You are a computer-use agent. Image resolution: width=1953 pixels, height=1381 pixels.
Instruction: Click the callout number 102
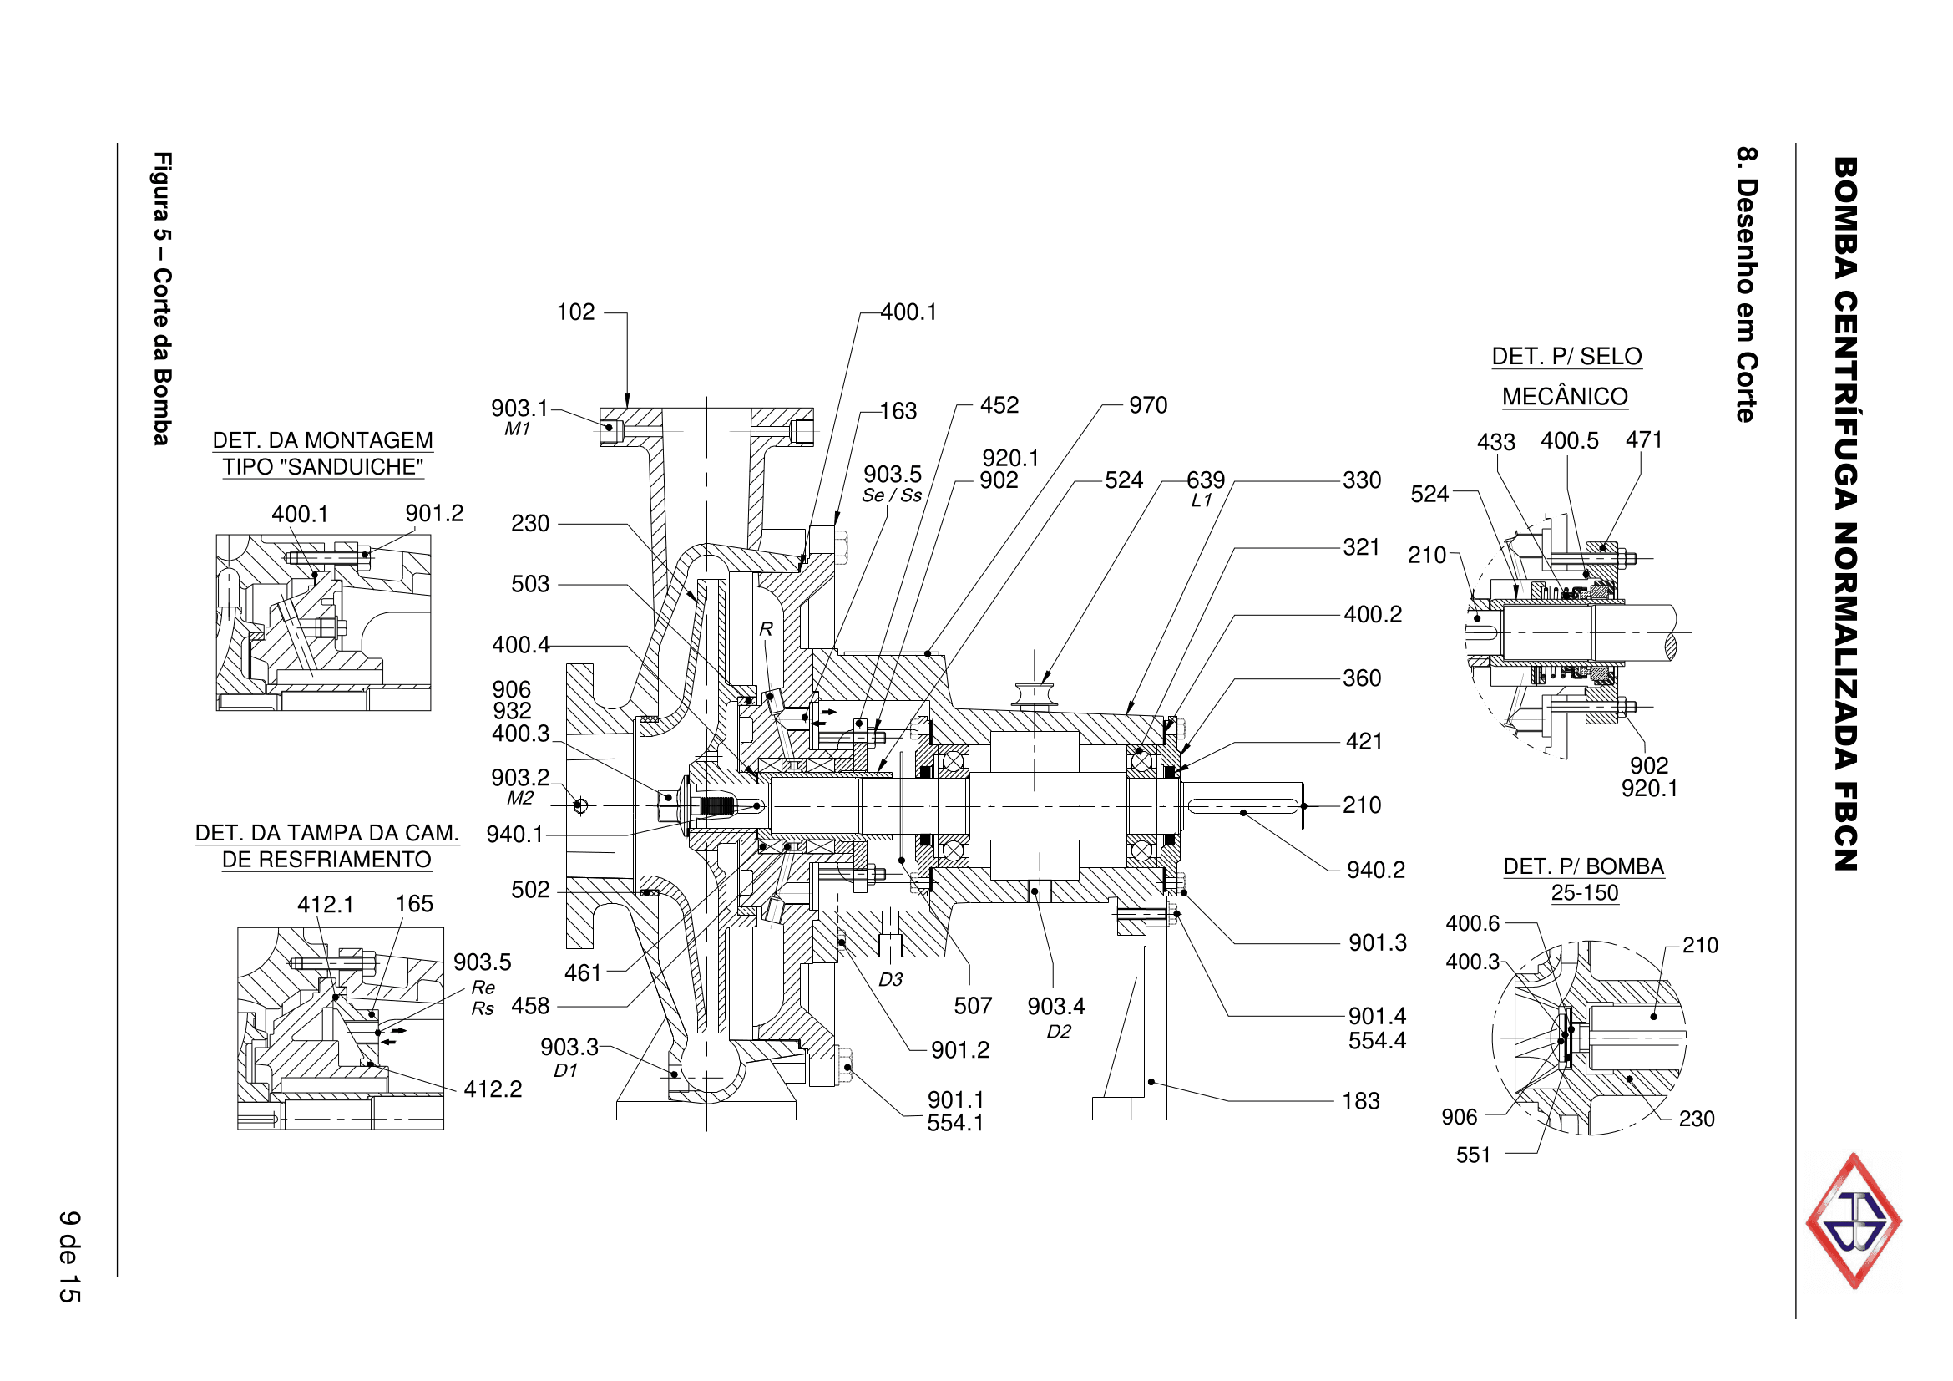coord(575,312)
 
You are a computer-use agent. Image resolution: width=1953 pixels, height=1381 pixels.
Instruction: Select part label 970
coord(1147,405)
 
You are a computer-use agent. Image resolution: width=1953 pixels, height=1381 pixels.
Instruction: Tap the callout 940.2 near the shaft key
coord(1374,870)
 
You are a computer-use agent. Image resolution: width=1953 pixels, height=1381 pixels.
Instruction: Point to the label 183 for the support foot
coord(1360,1101)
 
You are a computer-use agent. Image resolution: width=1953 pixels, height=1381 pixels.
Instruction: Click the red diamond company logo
coord(1854,1221)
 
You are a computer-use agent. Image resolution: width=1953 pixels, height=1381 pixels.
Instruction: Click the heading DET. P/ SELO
coord(1566,357)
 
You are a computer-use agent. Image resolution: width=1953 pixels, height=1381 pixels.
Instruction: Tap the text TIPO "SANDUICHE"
coord(322,467)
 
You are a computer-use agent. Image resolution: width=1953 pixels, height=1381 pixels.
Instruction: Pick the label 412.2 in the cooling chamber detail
coord(493,1089)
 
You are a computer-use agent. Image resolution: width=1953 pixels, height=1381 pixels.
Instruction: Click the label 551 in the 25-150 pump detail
coord(1472,1155)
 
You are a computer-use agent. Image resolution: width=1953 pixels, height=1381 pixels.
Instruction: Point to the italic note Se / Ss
coord(892,496)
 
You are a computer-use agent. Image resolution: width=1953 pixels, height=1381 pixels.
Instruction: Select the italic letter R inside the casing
coord(766,629)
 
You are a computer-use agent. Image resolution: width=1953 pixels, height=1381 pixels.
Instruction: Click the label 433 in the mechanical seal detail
coord(1495,443)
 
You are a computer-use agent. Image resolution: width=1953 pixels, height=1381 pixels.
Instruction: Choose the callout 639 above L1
coord(1206,480)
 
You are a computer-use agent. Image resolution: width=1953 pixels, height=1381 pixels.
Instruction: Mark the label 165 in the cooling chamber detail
coord(414,904)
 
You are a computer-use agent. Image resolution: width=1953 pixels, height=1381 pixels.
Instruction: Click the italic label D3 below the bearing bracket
coord(890,980)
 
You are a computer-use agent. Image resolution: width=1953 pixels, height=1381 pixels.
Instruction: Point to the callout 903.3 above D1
coord(569,1048)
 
